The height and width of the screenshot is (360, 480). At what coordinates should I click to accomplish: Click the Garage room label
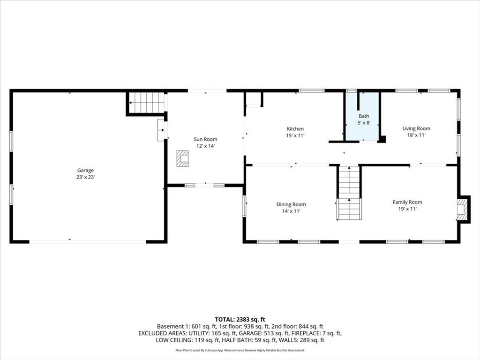point(85,171)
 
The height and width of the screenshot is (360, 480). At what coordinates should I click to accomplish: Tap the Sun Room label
point(205,139)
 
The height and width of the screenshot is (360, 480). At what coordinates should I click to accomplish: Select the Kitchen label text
point(295,129)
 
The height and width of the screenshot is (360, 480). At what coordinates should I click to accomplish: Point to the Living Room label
point(416,128)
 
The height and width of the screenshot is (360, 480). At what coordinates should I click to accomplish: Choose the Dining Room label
point(291,204)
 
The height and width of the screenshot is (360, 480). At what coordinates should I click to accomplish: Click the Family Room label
point(407,202)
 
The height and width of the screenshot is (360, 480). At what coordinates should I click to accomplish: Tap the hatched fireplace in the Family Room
point(462,209)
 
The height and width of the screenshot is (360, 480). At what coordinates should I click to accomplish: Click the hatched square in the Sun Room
point(182,158)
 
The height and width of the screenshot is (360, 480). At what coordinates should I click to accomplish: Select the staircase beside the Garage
point(147,103)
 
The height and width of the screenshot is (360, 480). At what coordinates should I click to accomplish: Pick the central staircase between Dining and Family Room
point(349,193)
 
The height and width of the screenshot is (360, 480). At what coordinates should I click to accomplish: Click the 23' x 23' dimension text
point(85,177)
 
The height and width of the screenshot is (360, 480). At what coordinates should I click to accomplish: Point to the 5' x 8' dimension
point(364,123)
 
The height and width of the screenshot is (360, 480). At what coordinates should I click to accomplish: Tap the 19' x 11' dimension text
point(407,209)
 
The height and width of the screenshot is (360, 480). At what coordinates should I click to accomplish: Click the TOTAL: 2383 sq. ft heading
point(240,320)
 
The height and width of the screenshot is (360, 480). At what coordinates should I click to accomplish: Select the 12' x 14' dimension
point(205,146)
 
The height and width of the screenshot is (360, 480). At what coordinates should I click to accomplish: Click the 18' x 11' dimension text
point(416,135)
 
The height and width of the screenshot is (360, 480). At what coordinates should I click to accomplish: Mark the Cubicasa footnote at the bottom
point(240,350)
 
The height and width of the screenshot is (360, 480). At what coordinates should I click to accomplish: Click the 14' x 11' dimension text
point(291,211)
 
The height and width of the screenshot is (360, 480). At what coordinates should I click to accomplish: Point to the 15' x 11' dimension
point(295,135)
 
